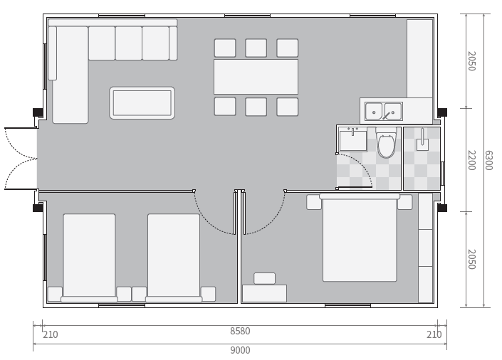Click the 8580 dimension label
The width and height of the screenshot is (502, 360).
[240, 331]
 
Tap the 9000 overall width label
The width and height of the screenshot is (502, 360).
[240, 350]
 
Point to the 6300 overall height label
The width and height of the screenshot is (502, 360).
[488, 160]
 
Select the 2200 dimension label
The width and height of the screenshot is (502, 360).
[471, 160]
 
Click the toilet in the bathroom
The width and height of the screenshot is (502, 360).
[386, 143]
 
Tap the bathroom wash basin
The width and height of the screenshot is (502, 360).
[353, 140]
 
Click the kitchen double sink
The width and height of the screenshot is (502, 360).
[384, 112]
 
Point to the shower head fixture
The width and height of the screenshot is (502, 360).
[422, 140]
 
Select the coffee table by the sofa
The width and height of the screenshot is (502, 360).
[142, 102]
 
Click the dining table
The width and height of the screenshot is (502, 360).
[256, 77]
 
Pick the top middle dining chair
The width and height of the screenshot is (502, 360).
[256, 48]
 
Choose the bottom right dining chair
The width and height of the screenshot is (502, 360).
[287, 107]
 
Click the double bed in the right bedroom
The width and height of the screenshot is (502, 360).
[360, 238]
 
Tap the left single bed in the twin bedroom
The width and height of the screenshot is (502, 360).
[89, 258]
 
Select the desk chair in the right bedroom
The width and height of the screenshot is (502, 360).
[264, 278]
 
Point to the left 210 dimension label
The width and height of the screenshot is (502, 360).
[51, 334]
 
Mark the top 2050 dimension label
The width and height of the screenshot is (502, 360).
[471, 60]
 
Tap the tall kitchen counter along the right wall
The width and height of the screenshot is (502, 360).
[419, 58]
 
